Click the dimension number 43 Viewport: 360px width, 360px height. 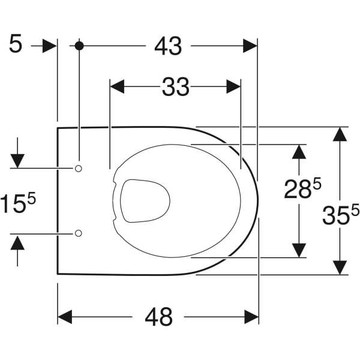tap(168, 46)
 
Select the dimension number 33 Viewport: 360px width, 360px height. tap(176, 87)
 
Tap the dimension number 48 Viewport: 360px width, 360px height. tap(158, 317)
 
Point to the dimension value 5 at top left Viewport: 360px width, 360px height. tap(16, 43)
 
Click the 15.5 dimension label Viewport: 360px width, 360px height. tap(18, 202)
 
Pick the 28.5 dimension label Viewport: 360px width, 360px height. tap(302, 188)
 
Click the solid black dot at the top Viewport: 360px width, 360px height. tap(79, 46)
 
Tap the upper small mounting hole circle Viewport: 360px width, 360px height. tap(79, 169)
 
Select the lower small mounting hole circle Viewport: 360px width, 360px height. tap(79, 233)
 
